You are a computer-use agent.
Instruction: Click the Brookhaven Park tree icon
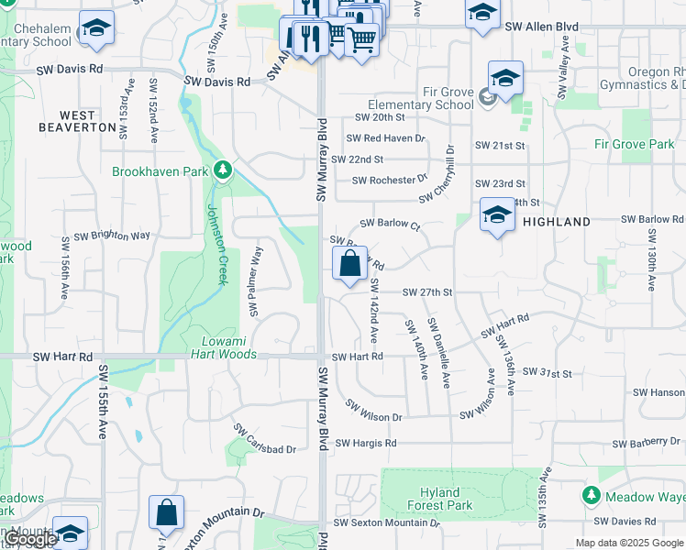coord(222,170)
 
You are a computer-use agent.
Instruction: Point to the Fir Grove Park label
coord(634,144)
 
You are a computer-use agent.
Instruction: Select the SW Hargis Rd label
coord(365,444)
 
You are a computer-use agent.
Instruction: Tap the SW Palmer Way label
coord(256,279)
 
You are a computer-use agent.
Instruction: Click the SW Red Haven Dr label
coord(385,138)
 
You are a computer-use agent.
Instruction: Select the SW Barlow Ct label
coord(389,223)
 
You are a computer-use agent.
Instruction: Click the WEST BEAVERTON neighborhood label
coord(77,121)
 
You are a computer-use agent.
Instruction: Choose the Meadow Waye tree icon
coord(592,495)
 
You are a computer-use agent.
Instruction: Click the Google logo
coord(30,540)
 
